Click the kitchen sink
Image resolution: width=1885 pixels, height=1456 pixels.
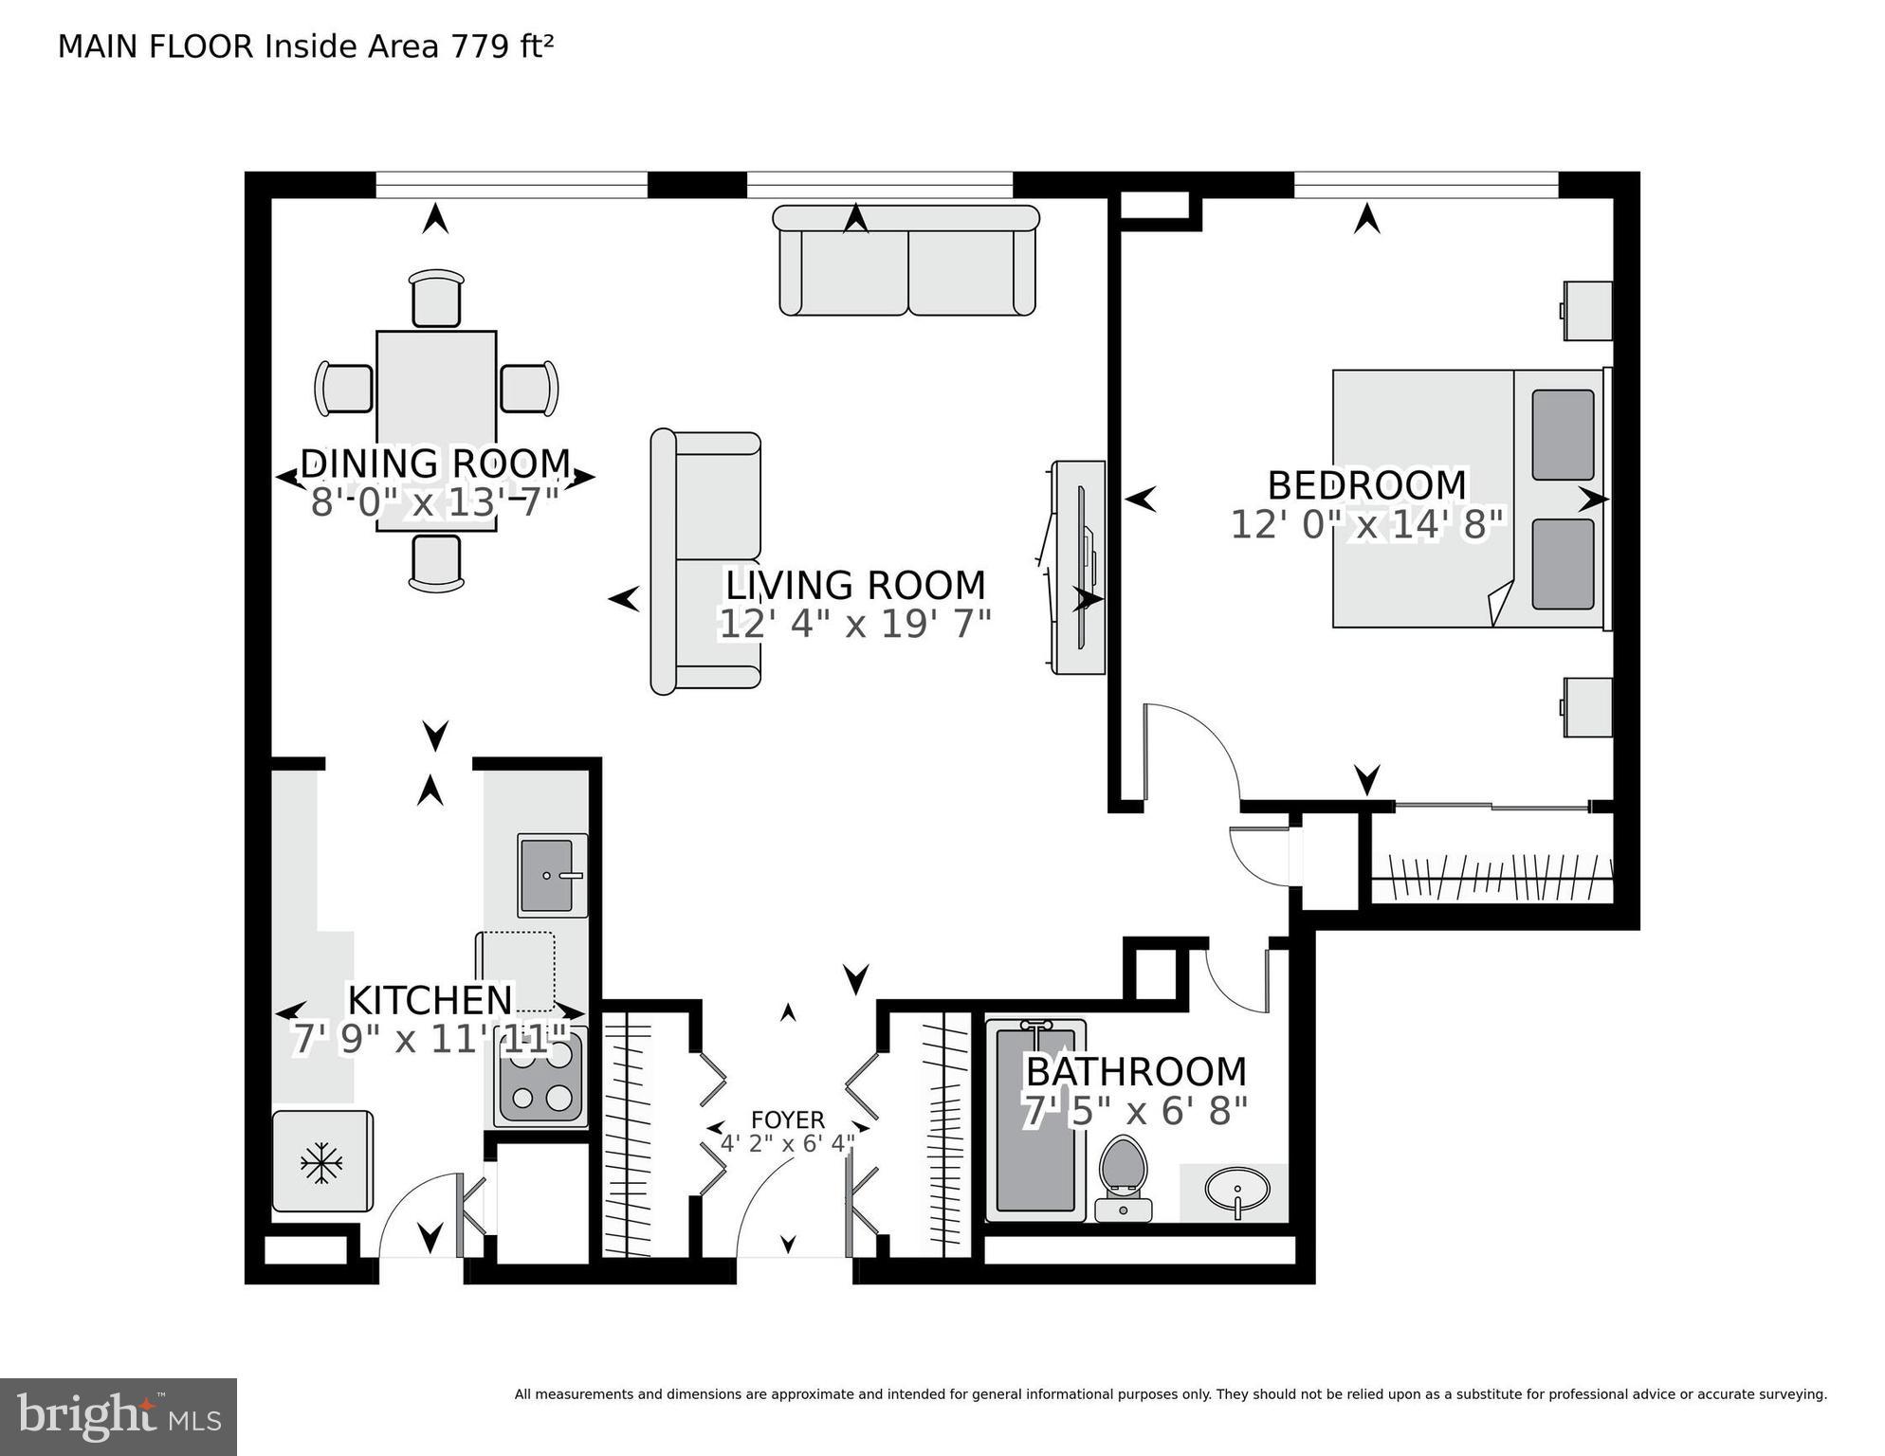tap(551, 875)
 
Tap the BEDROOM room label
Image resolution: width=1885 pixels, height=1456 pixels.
tap(1366, 485)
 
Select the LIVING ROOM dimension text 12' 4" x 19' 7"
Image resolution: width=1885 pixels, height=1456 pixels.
tap(855, 624)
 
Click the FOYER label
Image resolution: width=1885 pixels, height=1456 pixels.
tap(788, 1120)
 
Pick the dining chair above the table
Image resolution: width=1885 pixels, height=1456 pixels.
tap(436, 299)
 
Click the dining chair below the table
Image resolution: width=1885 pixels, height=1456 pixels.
tap(436, 563)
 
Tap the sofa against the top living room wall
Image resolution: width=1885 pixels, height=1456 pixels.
tap(906, 261)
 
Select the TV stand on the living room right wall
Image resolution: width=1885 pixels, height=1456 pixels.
tap(1079, 567)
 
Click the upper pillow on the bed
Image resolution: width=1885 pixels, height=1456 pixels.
tap(1562, 434)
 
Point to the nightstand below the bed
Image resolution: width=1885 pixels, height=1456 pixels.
tap(1587, 706)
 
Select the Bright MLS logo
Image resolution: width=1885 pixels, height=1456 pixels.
tap(119, 1417)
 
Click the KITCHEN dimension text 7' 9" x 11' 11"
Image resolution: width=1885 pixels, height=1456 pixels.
tap(430, 1040)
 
